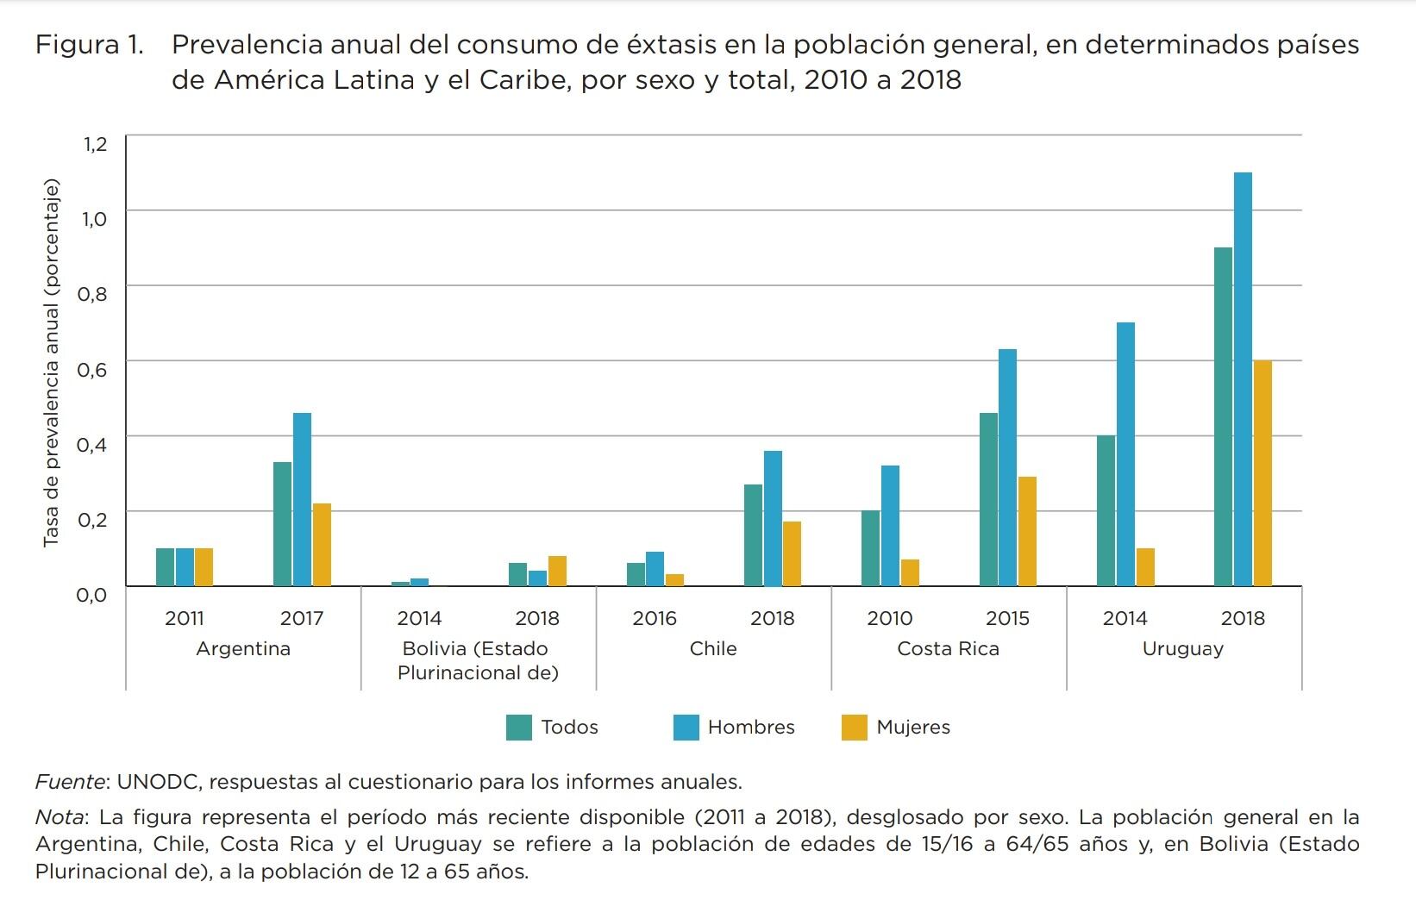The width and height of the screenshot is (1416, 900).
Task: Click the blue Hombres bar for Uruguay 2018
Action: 1243,379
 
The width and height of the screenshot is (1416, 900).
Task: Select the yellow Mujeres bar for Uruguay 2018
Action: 1262,473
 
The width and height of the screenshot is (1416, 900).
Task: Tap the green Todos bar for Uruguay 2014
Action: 1106,510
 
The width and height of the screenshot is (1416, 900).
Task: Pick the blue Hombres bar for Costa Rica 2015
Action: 1007,467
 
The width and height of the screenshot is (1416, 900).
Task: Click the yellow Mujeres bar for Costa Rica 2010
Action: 910,573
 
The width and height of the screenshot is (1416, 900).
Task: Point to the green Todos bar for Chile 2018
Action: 753,535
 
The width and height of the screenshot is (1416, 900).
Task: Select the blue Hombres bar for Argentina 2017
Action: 302,499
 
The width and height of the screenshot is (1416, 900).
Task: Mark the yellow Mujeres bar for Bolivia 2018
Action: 557,572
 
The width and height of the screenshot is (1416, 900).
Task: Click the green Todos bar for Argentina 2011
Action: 165,567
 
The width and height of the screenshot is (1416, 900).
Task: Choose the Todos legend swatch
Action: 519,728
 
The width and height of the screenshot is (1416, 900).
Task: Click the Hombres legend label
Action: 750,728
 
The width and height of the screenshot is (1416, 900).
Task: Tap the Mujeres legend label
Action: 912,728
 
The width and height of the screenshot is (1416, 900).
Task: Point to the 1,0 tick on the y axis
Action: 95,219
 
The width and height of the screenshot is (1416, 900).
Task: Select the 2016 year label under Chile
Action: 655,619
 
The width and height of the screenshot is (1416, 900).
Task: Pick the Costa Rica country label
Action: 948,649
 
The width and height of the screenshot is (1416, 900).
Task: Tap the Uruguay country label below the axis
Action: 1182,649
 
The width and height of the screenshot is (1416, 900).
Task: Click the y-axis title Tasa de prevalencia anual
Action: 52,362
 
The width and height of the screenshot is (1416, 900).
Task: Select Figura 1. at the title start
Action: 89,45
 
